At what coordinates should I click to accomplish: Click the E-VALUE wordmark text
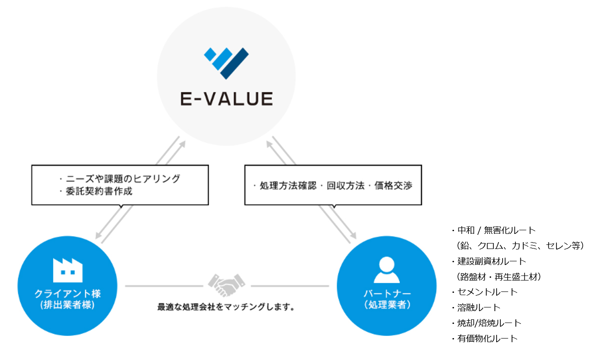point(227,99)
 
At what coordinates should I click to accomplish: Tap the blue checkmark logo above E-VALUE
point(226,63)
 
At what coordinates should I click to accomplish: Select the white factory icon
point(68,270)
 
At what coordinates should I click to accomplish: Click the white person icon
point(387,270)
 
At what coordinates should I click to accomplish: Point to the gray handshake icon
point(227,285)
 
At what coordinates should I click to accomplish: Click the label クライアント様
point(68,294)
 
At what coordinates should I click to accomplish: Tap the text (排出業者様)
point(67,305)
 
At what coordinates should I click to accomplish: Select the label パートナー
point(387,294)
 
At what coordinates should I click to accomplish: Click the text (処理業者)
point(387,305)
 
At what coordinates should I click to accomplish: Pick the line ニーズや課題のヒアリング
point(123,179)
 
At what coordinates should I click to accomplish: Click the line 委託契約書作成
point(99,191)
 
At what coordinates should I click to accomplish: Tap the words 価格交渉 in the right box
point(393,185)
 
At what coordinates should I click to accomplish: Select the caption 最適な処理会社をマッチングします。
point(226,307)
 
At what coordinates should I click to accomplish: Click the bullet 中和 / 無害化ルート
point(496,230)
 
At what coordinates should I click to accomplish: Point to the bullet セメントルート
point(487,292)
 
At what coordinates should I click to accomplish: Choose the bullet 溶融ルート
point(479,307)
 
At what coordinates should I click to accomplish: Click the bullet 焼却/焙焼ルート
point(489,323)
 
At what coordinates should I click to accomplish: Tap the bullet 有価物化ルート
point(487,339)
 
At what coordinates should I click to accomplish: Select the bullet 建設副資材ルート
point(492,261)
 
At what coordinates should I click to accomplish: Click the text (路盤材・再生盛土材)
point(499,277)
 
